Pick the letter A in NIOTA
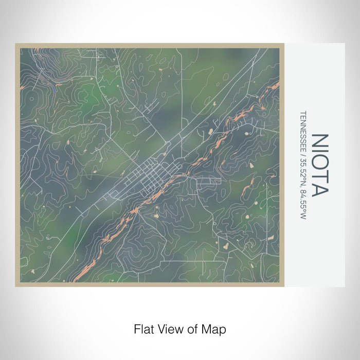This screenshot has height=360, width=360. (319, 189)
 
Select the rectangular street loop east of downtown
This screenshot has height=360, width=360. (208, 181)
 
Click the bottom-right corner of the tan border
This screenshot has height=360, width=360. (282, 285)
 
